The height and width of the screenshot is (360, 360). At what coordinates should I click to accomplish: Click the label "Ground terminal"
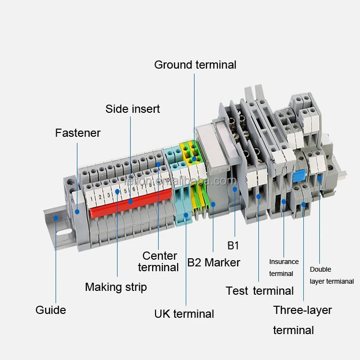pos(195,65)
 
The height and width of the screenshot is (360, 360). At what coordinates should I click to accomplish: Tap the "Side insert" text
pos(132,109)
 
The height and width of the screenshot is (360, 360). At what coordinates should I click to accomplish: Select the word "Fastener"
pos(78,133)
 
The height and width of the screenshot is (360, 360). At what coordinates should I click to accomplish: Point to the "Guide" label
pos(50,310)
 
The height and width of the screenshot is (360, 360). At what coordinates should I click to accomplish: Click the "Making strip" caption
pos(116,287)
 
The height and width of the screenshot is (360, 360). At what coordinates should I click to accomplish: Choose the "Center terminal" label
pos(158,262)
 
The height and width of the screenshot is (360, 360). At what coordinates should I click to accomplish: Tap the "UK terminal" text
pos(184,314)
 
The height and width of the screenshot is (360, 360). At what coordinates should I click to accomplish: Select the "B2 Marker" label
pos(214,263)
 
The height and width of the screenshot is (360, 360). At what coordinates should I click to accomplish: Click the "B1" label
pos(233,246)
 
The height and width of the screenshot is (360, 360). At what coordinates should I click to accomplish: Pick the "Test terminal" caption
pos(260,291)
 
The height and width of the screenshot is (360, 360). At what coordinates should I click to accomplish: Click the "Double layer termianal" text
pos(332,276)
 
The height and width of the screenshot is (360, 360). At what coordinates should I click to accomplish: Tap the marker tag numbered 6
pos(134,189)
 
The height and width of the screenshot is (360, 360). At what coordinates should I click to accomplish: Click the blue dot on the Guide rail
pos(56,218)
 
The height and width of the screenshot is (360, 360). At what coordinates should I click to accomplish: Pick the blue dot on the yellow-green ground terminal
pos(194,158)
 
